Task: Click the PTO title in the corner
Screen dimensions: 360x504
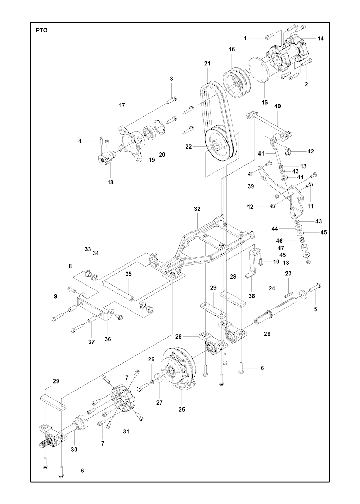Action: point(42,31)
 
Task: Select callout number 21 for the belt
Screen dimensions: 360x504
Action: point(207,64)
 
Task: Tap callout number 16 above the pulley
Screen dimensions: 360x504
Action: point(232,49)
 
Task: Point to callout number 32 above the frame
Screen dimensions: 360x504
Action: point(197,209)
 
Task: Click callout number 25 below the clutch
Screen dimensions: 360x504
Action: point(181,410)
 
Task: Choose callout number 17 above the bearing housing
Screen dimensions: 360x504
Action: point(122,105)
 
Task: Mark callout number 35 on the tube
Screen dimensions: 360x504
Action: point(129,274)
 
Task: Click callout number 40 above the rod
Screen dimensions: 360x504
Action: point(277,106)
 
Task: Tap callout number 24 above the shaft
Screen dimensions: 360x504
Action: point(272,288)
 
